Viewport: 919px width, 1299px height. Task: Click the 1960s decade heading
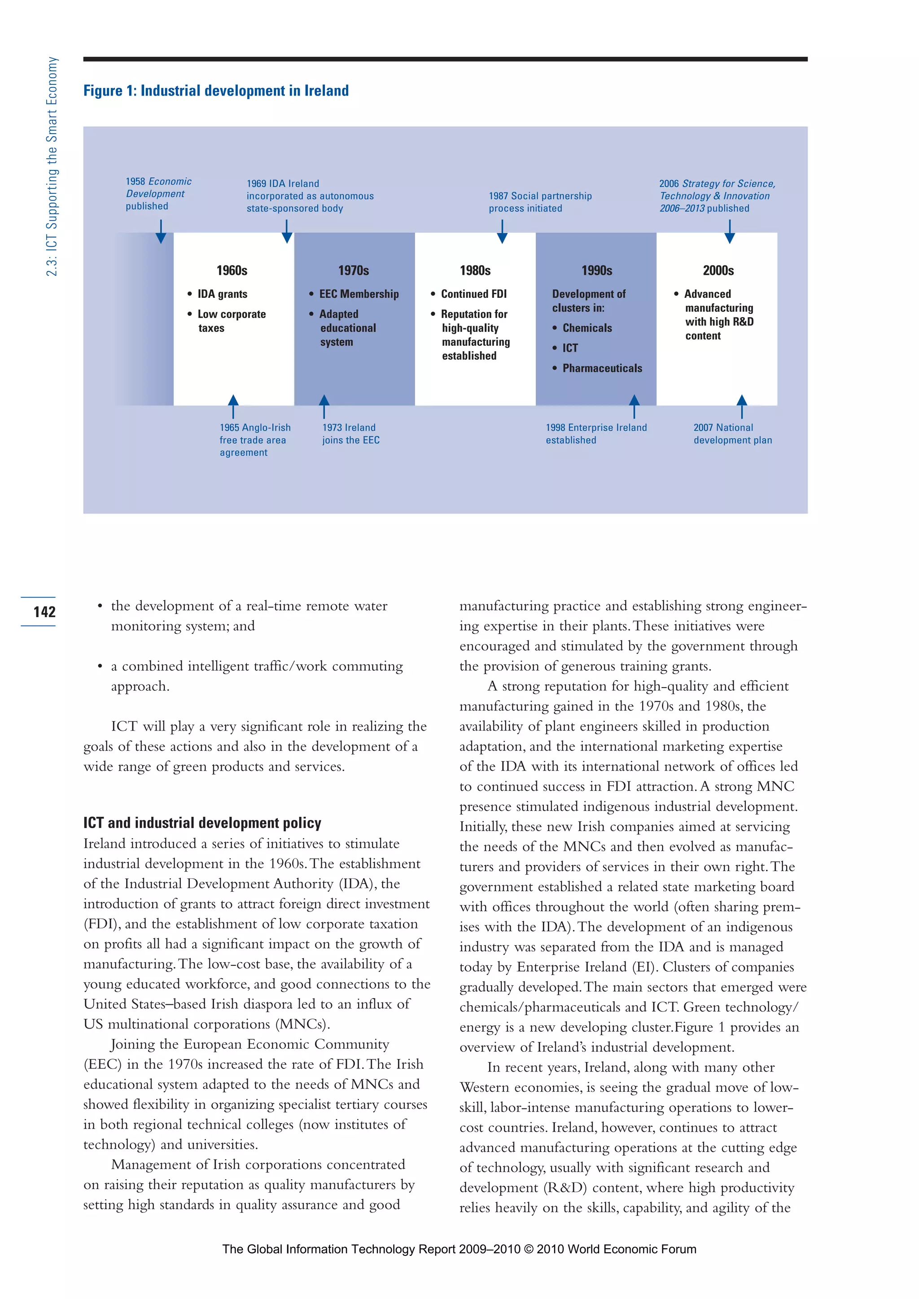[232, 270]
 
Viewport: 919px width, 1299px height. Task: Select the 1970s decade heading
[354, 270]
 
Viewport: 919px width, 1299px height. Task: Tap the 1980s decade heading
[475, 270]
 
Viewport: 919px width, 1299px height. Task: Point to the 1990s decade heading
[597, 270]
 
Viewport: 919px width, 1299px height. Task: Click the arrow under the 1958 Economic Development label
[161, 231]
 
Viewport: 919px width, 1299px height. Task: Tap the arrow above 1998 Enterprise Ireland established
[635, 406]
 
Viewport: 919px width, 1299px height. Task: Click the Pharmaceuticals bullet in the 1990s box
[602, 368]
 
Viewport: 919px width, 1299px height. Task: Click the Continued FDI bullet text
[474, 294]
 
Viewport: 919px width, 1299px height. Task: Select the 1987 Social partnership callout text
[540, 202]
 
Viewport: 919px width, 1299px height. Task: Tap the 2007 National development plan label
[732, 434]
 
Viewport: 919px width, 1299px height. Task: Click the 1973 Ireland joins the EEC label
[350, 434]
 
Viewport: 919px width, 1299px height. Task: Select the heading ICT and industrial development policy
[202, 823]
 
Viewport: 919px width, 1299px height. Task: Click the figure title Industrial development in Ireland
[216, 91]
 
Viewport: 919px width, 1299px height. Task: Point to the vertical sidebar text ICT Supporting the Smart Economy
[52, 166]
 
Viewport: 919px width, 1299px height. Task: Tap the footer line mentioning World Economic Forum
[459, 1249]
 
